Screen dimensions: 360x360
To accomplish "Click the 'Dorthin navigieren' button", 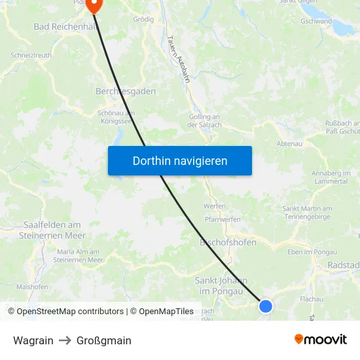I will [x=180, y=160].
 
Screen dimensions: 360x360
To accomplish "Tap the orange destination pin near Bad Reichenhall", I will [x=94, y=5].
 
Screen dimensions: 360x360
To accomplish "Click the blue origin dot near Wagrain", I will [x=265, y=306].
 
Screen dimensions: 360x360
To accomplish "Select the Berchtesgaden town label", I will [x=126, y=91].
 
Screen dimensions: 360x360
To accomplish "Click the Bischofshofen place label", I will [x=227, y=242].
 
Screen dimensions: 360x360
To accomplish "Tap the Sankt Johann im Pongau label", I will [x=221, y=285].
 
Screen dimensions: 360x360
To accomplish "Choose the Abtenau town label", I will [x=290, y=143].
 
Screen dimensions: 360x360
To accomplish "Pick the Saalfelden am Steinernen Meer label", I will [x=52, y=230].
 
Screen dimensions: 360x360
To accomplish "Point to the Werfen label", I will [x=214, y=206].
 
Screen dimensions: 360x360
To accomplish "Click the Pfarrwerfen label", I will [x=222, y=220].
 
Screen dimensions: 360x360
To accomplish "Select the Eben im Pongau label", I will [x=312, y=251].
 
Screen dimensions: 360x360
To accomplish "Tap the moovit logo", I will [x=321, y=339].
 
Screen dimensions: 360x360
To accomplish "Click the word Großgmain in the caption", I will [x=103, y=340].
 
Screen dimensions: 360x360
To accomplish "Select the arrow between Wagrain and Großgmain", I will [x=65, y=340].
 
